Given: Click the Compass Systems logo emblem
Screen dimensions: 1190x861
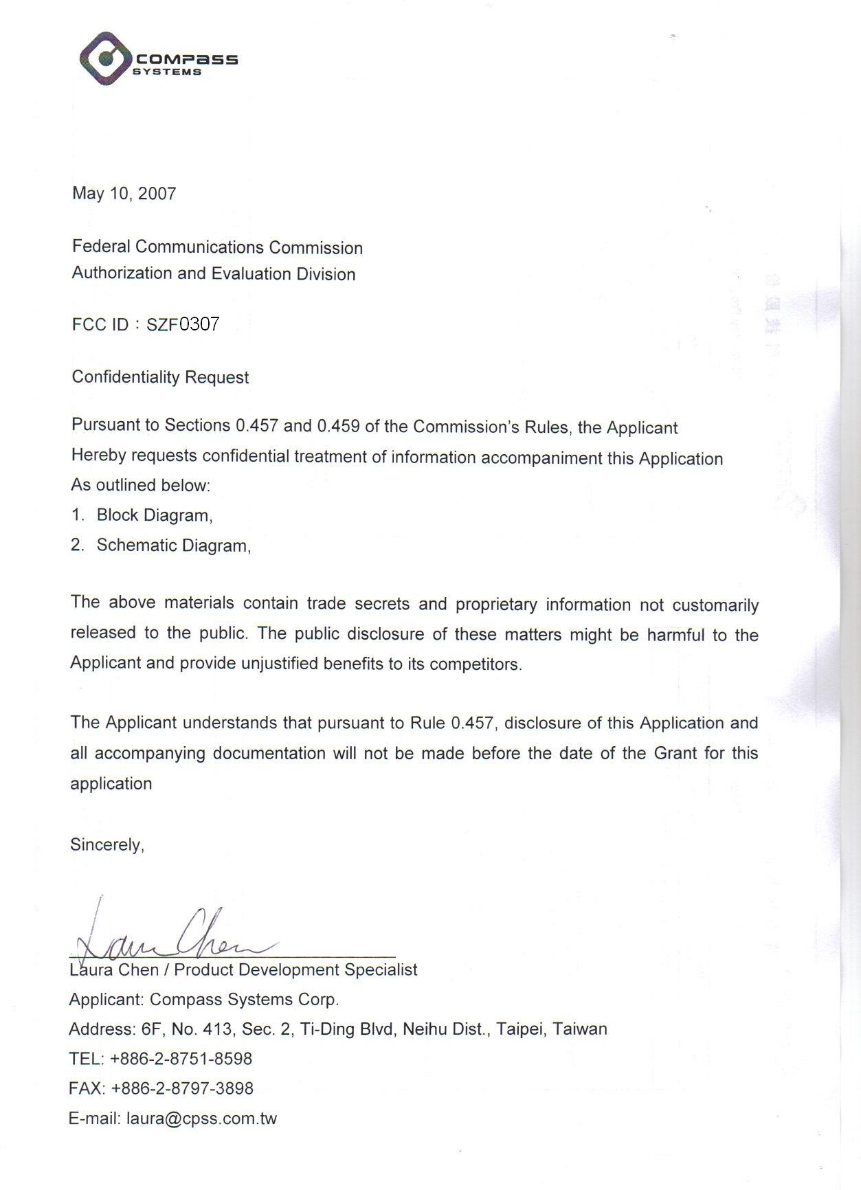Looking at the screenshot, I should (x=105, y=58).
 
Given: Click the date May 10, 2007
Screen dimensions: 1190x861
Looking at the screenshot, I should (x=124, y=194).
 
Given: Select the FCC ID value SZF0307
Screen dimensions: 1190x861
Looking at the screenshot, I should (x=183, y=324).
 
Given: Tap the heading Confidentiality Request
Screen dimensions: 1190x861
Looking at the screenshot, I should (x=160, y=377).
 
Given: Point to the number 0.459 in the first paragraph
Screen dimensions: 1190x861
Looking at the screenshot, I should (x=338, y=426).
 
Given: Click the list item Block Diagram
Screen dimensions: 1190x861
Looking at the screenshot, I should (x=154, y=515).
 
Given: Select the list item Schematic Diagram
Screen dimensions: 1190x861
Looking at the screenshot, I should (x=172, y=546).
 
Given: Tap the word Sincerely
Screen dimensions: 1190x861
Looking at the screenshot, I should (x=107, y=844).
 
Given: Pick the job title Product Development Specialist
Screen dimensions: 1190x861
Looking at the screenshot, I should (x=295, y=969).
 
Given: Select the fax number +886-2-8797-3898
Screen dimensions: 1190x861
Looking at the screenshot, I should (x=181, y=1088).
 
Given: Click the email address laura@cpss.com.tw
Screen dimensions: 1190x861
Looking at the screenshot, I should (x=201, y=1119).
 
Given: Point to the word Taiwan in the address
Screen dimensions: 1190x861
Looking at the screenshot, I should (x=580, y=1029).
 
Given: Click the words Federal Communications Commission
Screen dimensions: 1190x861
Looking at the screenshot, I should (x=217, y=247).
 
